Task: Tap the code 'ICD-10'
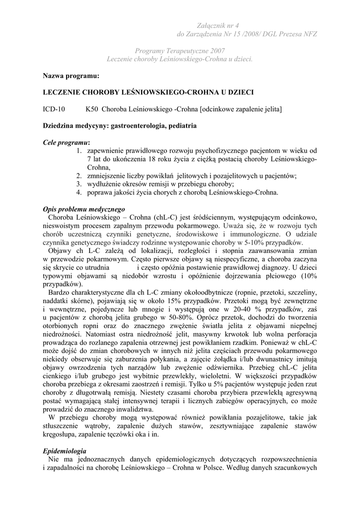(54, 109)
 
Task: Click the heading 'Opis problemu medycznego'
(84, 209)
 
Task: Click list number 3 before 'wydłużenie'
(79, 184)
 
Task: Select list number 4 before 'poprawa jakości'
(79, 192)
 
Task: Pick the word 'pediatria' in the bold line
(182, 126)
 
